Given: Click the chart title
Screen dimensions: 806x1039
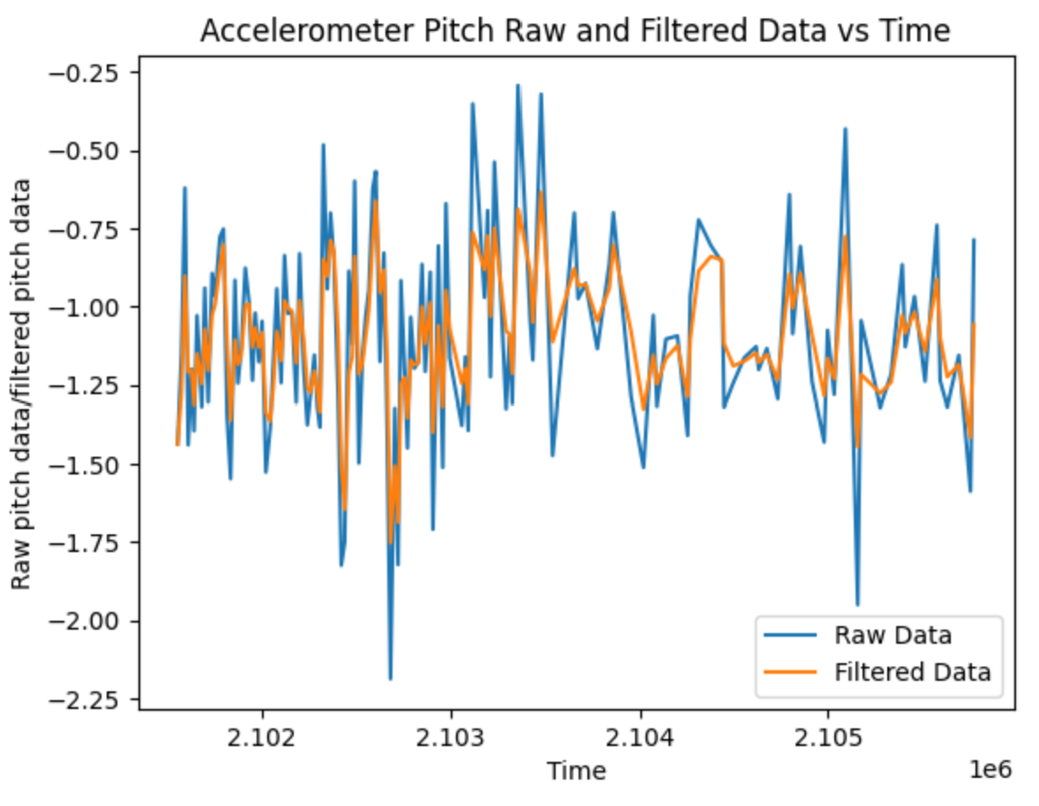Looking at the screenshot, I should pos(575,31).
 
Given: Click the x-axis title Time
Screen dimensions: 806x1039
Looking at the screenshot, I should pos(576,771).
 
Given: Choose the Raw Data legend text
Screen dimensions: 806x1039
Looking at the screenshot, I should pos(893,635).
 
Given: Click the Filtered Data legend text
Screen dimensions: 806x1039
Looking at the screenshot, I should pos(912,672).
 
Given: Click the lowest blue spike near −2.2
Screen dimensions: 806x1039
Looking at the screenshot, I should pos(390,678).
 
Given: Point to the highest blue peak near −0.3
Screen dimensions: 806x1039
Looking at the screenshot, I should pos(518,86).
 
